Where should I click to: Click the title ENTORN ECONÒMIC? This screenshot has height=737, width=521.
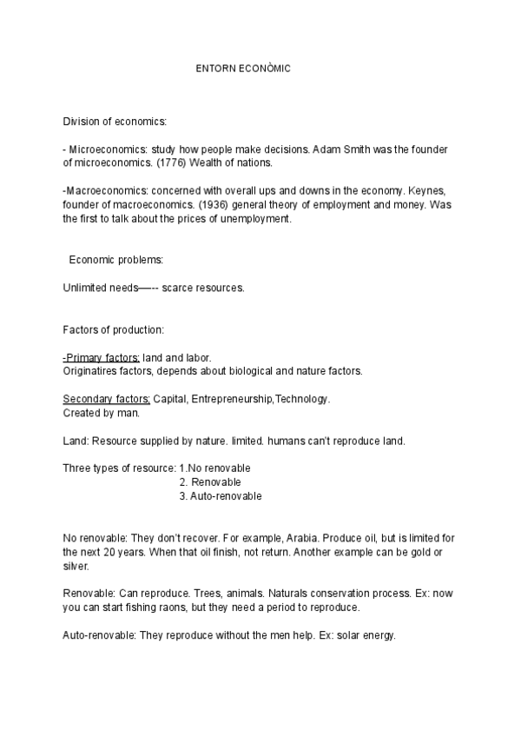(x=243, y=69)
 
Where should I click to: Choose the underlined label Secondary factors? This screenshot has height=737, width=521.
(x=107, y=400)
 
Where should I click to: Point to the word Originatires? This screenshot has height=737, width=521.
(x=92, y=371)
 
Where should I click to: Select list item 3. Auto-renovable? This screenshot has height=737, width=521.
(x=221, y=496)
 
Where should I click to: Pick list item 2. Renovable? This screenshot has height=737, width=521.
(x=210, y=482)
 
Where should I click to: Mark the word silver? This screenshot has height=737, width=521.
(x=76, y=566)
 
